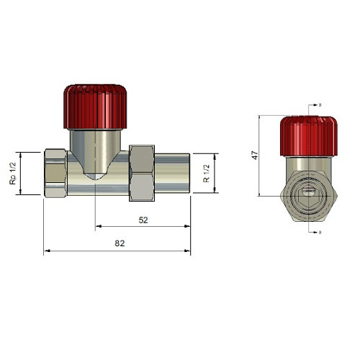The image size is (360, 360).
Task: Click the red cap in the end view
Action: click(308, 135)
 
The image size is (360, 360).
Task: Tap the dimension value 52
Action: click(143, 220)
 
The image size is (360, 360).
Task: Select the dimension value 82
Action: click(120, 244)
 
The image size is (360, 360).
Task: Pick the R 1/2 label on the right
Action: click(207, 174)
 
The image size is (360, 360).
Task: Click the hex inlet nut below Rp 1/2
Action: click(55, 174)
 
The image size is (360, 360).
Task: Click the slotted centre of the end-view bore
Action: click(308, 192)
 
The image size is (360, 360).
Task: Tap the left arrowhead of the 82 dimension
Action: click(46, 251)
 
